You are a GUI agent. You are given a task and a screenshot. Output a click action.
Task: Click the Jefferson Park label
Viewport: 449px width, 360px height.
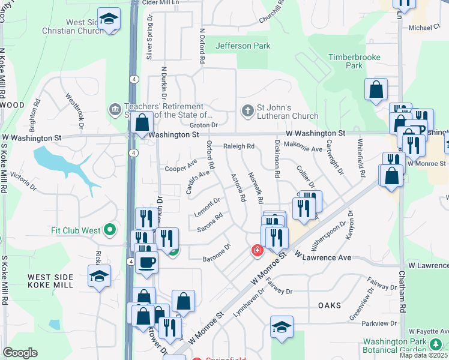[243, 46]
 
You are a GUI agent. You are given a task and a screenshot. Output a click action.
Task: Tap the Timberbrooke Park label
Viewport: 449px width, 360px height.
[346, 61]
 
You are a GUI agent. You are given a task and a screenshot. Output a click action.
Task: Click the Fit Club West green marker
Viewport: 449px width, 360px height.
[109, 230]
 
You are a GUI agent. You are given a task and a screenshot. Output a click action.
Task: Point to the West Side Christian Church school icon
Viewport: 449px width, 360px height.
[109, 20]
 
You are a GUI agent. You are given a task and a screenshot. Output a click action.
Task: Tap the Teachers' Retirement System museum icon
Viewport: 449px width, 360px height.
[114, 109]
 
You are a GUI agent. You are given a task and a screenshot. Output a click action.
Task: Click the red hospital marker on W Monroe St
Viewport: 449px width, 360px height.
[257, 250]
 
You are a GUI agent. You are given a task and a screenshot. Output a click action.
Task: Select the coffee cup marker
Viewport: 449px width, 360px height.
[146, 262]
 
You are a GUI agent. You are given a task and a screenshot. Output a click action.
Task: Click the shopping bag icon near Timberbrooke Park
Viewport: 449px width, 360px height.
[376, 90]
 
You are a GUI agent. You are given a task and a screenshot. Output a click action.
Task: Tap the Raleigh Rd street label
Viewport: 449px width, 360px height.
[240, 146]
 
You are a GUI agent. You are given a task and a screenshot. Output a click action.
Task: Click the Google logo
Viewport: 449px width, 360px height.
[20, 353]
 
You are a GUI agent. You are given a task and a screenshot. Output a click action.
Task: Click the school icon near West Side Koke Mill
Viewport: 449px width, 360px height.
[100, 277]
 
